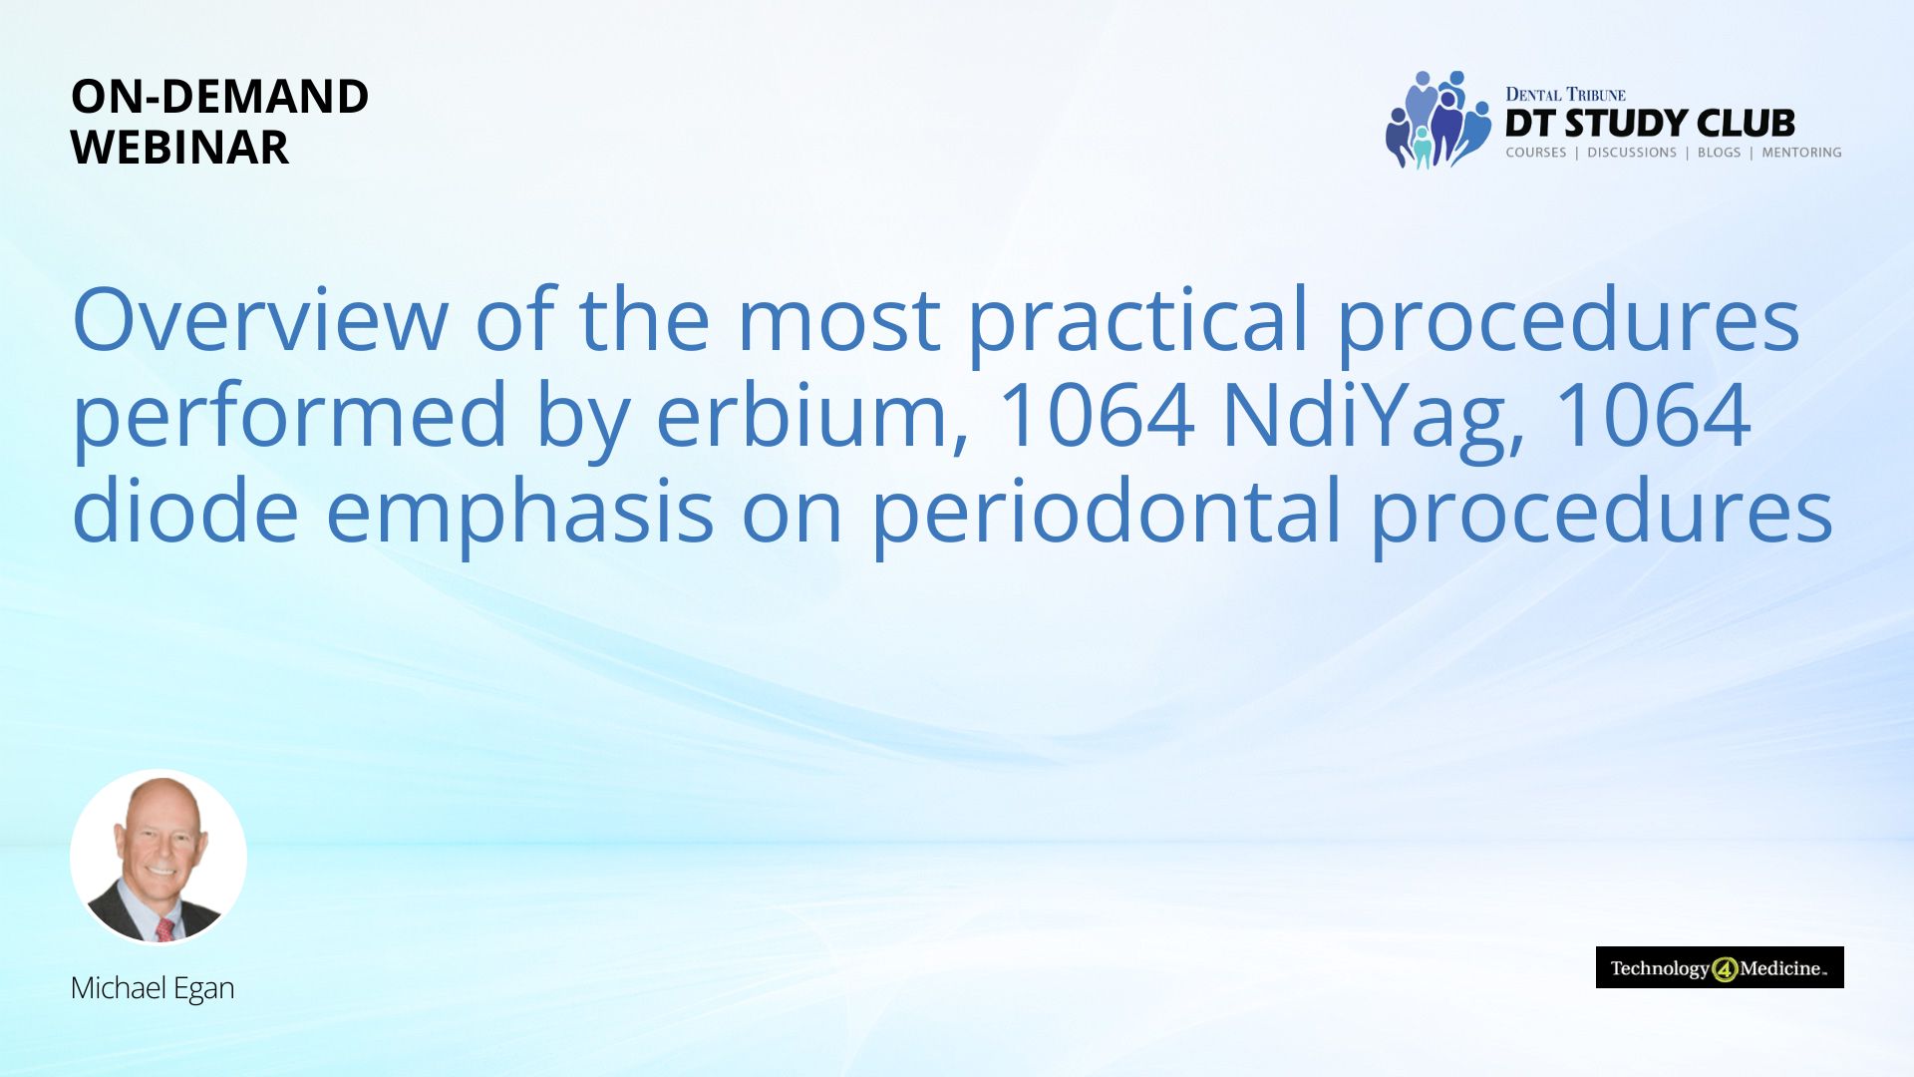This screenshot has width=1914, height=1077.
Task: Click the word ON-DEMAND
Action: click(219, 97)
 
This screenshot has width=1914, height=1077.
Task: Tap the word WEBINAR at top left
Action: click(180, 148)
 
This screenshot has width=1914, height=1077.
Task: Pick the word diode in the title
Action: click(185, 509)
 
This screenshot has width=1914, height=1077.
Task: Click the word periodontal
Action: click(1108, 514)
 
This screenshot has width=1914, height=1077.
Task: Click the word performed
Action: click(290, 418)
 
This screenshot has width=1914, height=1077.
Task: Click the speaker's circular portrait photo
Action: click(159, 858)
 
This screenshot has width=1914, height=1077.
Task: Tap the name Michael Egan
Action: click(153, 988)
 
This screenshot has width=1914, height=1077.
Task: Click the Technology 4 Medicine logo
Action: click(1720, 967)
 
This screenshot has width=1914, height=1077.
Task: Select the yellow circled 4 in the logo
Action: click(1726, 969)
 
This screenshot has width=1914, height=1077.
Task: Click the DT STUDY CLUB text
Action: click(1650, 124)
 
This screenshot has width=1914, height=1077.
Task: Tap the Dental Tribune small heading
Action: click(1565, 95)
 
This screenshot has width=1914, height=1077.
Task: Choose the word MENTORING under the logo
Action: click(1801, 153)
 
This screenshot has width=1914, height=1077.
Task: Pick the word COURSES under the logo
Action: click(1536, 153)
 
